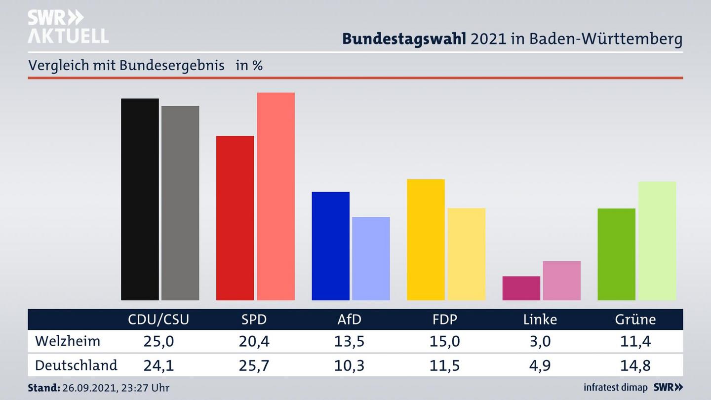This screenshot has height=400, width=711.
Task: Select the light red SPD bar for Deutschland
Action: point(276,196)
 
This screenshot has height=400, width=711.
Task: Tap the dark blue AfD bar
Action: point(330,245)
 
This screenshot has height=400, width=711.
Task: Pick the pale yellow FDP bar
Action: point(466,254)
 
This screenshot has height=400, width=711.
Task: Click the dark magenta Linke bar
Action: point(521,288)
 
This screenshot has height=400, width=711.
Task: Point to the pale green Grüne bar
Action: point(657,240)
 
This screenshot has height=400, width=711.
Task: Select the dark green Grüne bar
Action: point(616,254)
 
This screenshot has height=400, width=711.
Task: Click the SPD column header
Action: point(254,320)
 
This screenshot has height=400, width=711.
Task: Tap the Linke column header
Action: point(540,320)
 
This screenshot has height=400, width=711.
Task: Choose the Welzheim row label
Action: point(68,341)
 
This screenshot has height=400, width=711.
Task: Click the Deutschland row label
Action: point(76,365)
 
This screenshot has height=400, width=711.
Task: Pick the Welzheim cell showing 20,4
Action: point(254,341)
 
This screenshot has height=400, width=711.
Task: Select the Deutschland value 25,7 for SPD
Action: point(254,365)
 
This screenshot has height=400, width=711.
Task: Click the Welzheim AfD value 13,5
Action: point(349,341)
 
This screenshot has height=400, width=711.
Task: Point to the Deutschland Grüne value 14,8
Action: point(635,365)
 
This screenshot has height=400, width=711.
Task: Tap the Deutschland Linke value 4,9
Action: point(540,365)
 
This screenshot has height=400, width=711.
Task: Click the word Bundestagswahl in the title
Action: point(404,39)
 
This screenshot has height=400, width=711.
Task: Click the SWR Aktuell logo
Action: point(68,27)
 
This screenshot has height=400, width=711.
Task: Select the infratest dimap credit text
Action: point(615,388)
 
